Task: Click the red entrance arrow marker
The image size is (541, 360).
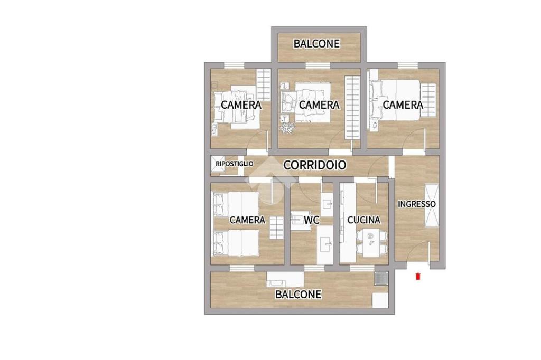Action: click(418, 276)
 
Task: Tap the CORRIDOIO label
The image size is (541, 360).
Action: click(315, 165)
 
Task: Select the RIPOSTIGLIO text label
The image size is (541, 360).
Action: click(234, 164)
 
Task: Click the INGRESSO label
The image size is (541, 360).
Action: click(417, 204)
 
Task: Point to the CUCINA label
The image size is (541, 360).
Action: click(363, 220)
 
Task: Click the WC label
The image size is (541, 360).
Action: click(312, 220)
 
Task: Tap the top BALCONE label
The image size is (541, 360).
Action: click(317, 44)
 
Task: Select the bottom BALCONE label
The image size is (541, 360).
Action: click(299, 294)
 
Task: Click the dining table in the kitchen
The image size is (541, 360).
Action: click(371, 243)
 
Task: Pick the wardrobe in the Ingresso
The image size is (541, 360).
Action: click(432, 205)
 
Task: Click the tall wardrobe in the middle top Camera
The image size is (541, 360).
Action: click(352, 108)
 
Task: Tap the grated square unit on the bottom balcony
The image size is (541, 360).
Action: click(381, 278)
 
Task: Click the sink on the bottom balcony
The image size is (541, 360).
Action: click(285, 280)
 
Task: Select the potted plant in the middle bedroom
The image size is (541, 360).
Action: click(287, 127)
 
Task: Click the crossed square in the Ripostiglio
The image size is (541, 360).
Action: click(216, 164)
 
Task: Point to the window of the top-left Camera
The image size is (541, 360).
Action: click(235, 65)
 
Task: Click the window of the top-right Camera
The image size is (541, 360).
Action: click(408, 65)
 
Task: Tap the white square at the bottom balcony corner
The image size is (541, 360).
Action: click(380, 300)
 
